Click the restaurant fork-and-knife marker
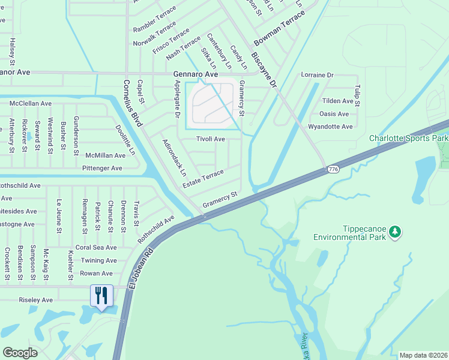[101, 295]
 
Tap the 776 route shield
[334, 170]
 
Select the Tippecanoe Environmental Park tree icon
[394, 231]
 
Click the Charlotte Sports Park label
[408, 138]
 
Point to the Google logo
[20, 353]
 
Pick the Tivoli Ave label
[211, 139]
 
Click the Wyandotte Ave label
[330, 127]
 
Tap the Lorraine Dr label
[316, 75]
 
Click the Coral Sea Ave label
[96, 247]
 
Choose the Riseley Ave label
[36, 300]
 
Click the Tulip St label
[357, 95]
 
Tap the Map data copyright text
[423, 355]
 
